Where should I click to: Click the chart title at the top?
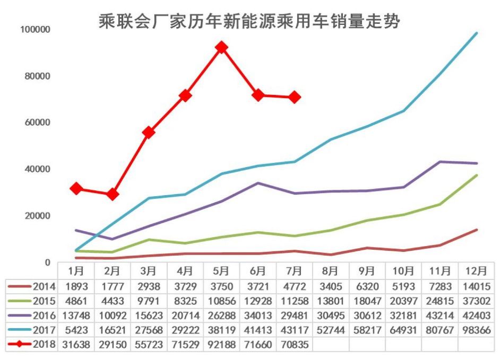[249, 21]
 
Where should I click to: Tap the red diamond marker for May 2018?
[221, 48]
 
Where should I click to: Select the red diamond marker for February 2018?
[113, 194]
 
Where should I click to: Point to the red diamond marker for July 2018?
[295, 97]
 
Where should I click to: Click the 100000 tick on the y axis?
[35, 30]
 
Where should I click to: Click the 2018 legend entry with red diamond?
[32, 344]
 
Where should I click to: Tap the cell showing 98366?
[476, 330]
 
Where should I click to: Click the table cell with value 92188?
[221, 344]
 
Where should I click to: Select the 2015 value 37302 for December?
[476, 301]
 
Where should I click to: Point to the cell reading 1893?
[76, 287]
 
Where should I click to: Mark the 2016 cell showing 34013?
[257, 315]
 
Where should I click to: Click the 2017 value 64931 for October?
[403, 330]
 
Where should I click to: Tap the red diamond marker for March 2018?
[149, 132]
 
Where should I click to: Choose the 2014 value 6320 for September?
[367, 287]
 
